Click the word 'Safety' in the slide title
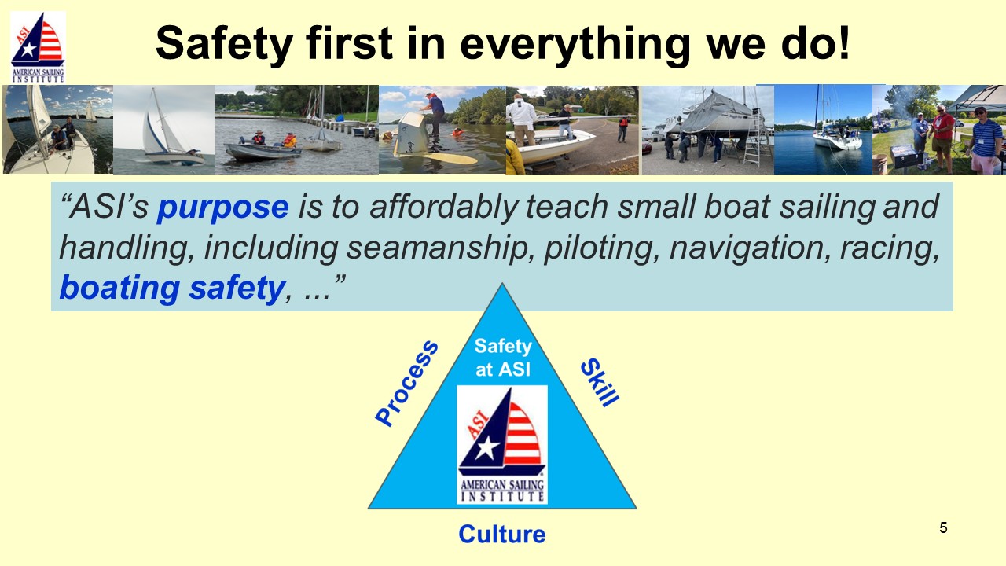pyautogui.click(x=224, y=43)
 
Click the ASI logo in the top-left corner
pyautogui.click(x=38, y=46)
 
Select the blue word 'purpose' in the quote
pyautogui.click(x=222, y=208)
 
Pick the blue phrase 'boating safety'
pyautogui.click(x=172, y=288)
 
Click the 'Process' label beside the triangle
pyautogui.click(x=406, y=383)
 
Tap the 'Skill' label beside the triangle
pyautogui.click(x=600, y=382)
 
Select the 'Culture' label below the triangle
pyautogui.click(x=502, y=534)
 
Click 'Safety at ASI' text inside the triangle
pyautogui.click(x=503, y=358)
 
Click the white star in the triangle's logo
pyautogui.click(x=486, y=447)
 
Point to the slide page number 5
pyautogui.click(x=943, y=527)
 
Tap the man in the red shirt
pyautogui.click(x=942, y=134)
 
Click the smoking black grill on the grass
pyautogui.click(x=905, y=155)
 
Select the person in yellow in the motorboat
pyautogui.click(x=289, y=140)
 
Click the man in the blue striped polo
pyautogui.click(x=986, y=139)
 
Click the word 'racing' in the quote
pyautogui.click(x=890, y=248)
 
